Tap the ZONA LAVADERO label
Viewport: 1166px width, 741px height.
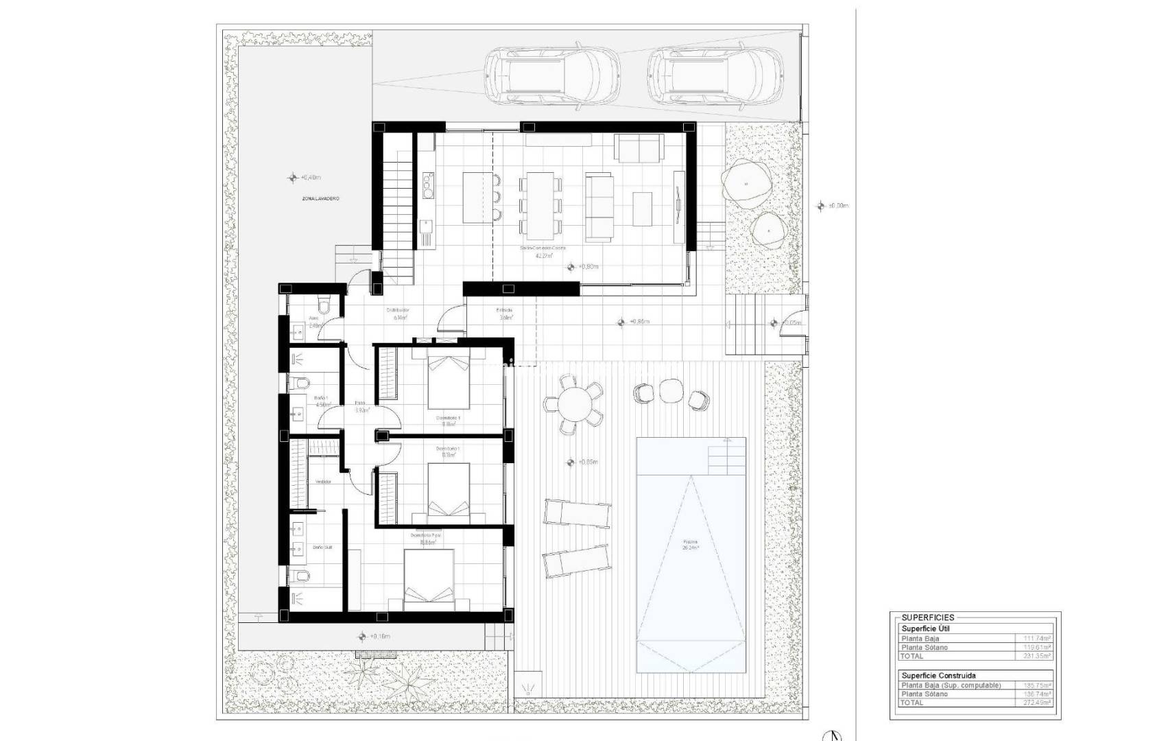point(320,198)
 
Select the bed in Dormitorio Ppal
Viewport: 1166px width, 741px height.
point(429,580)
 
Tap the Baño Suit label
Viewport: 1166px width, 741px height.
point(322,548)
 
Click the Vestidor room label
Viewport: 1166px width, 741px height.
point(323,482)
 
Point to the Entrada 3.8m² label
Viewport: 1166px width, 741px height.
point(505,314)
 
